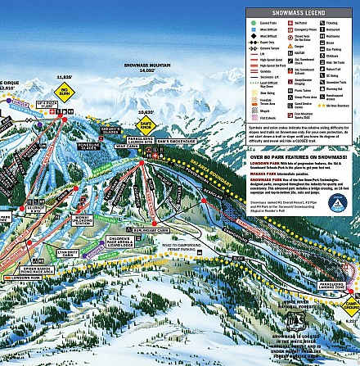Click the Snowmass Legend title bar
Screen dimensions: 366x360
pyautogui.click(x=302, y=14)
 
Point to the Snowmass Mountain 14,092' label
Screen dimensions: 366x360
pyautogui.click(x=146, y=67)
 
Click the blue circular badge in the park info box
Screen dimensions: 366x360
pyautogui.click(x=335, y=201)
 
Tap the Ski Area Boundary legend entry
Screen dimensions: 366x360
pyautogui.click(x=326, y=106)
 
